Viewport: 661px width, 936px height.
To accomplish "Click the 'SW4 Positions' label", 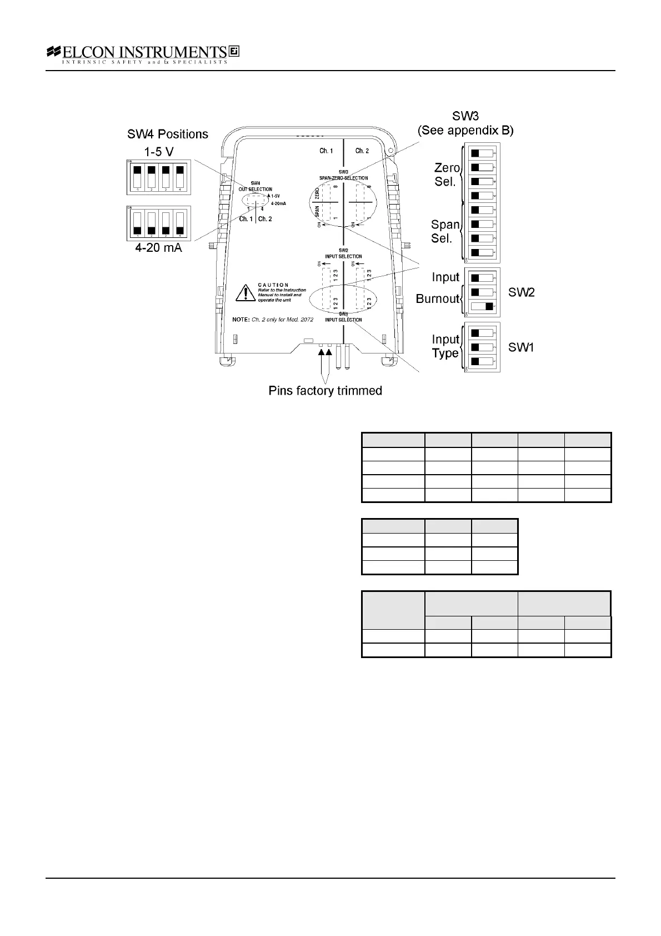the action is click(168, 134).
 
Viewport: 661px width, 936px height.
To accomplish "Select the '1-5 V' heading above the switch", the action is click(158, 151).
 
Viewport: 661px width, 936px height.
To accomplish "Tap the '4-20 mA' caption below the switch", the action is click(159, 248).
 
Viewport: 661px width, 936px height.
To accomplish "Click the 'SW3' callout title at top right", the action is click(465, 116).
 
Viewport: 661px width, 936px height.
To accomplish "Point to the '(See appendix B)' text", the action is click(465, 131).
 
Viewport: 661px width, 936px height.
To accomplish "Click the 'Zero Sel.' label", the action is click(447, 175).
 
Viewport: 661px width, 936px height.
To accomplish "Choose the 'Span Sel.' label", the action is click(445, 231).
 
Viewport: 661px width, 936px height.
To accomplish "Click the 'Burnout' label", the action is click(438, 299).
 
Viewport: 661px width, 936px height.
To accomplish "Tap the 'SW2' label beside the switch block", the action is click(522, 292).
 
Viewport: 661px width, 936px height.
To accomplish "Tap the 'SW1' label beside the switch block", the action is click(522, 347).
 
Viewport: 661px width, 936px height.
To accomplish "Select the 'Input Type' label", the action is click(445, 346).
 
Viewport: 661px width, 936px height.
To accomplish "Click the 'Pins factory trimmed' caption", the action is click(325, 391).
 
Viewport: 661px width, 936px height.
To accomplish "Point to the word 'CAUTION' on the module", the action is click(273, 285).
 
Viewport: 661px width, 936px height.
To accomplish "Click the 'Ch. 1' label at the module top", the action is click(326, 151).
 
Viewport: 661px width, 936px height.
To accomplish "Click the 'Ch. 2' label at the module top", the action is click(362, 151).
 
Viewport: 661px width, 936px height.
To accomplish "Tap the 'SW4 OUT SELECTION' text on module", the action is click(256, 186).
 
